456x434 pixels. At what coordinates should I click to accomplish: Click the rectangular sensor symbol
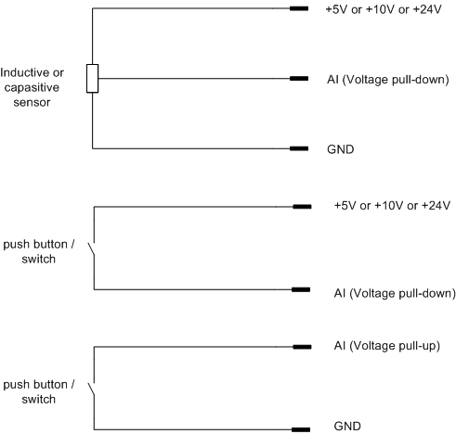[92, 79]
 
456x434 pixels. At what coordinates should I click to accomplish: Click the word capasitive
[32, 87]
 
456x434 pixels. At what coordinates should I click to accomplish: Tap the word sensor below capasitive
[32, 102]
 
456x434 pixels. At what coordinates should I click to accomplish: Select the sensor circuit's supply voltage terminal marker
[299, 8]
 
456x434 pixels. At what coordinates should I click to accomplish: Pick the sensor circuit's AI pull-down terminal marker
[299, 79]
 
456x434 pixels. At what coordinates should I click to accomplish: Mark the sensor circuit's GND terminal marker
[299, 148]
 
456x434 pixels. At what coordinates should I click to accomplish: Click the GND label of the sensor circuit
[341, 149]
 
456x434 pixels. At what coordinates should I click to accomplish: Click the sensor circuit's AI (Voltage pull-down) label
[388, 80]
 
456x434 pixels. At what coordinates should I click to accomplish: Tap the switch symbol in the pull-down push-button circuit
[92, 249]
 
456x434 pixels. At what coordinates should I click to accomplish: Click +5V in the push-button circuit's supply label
[345, 206]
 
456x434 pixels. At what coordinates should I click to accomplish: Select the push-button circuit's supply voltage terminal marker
[302, 207]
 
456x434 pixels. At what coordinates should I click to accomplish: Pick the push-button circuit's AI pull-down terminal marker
[301, 289]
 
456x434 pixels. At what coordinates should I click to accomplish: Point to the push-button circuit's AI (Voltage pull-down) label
[395, 293]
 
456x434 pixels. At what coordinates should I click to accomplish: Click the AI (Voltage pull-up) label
[387, 346]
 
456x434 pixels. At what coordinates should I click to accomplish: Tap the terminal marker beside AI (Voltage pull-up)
[302, 347]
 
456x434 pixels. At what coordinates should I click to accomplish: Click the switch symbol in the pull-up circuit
[92, 389]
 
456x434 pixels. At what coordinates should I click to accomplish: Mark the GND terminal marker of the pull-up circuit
[301, 429]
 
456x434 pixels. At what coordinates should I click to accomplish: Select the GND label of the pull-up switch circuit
[347, 427]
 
